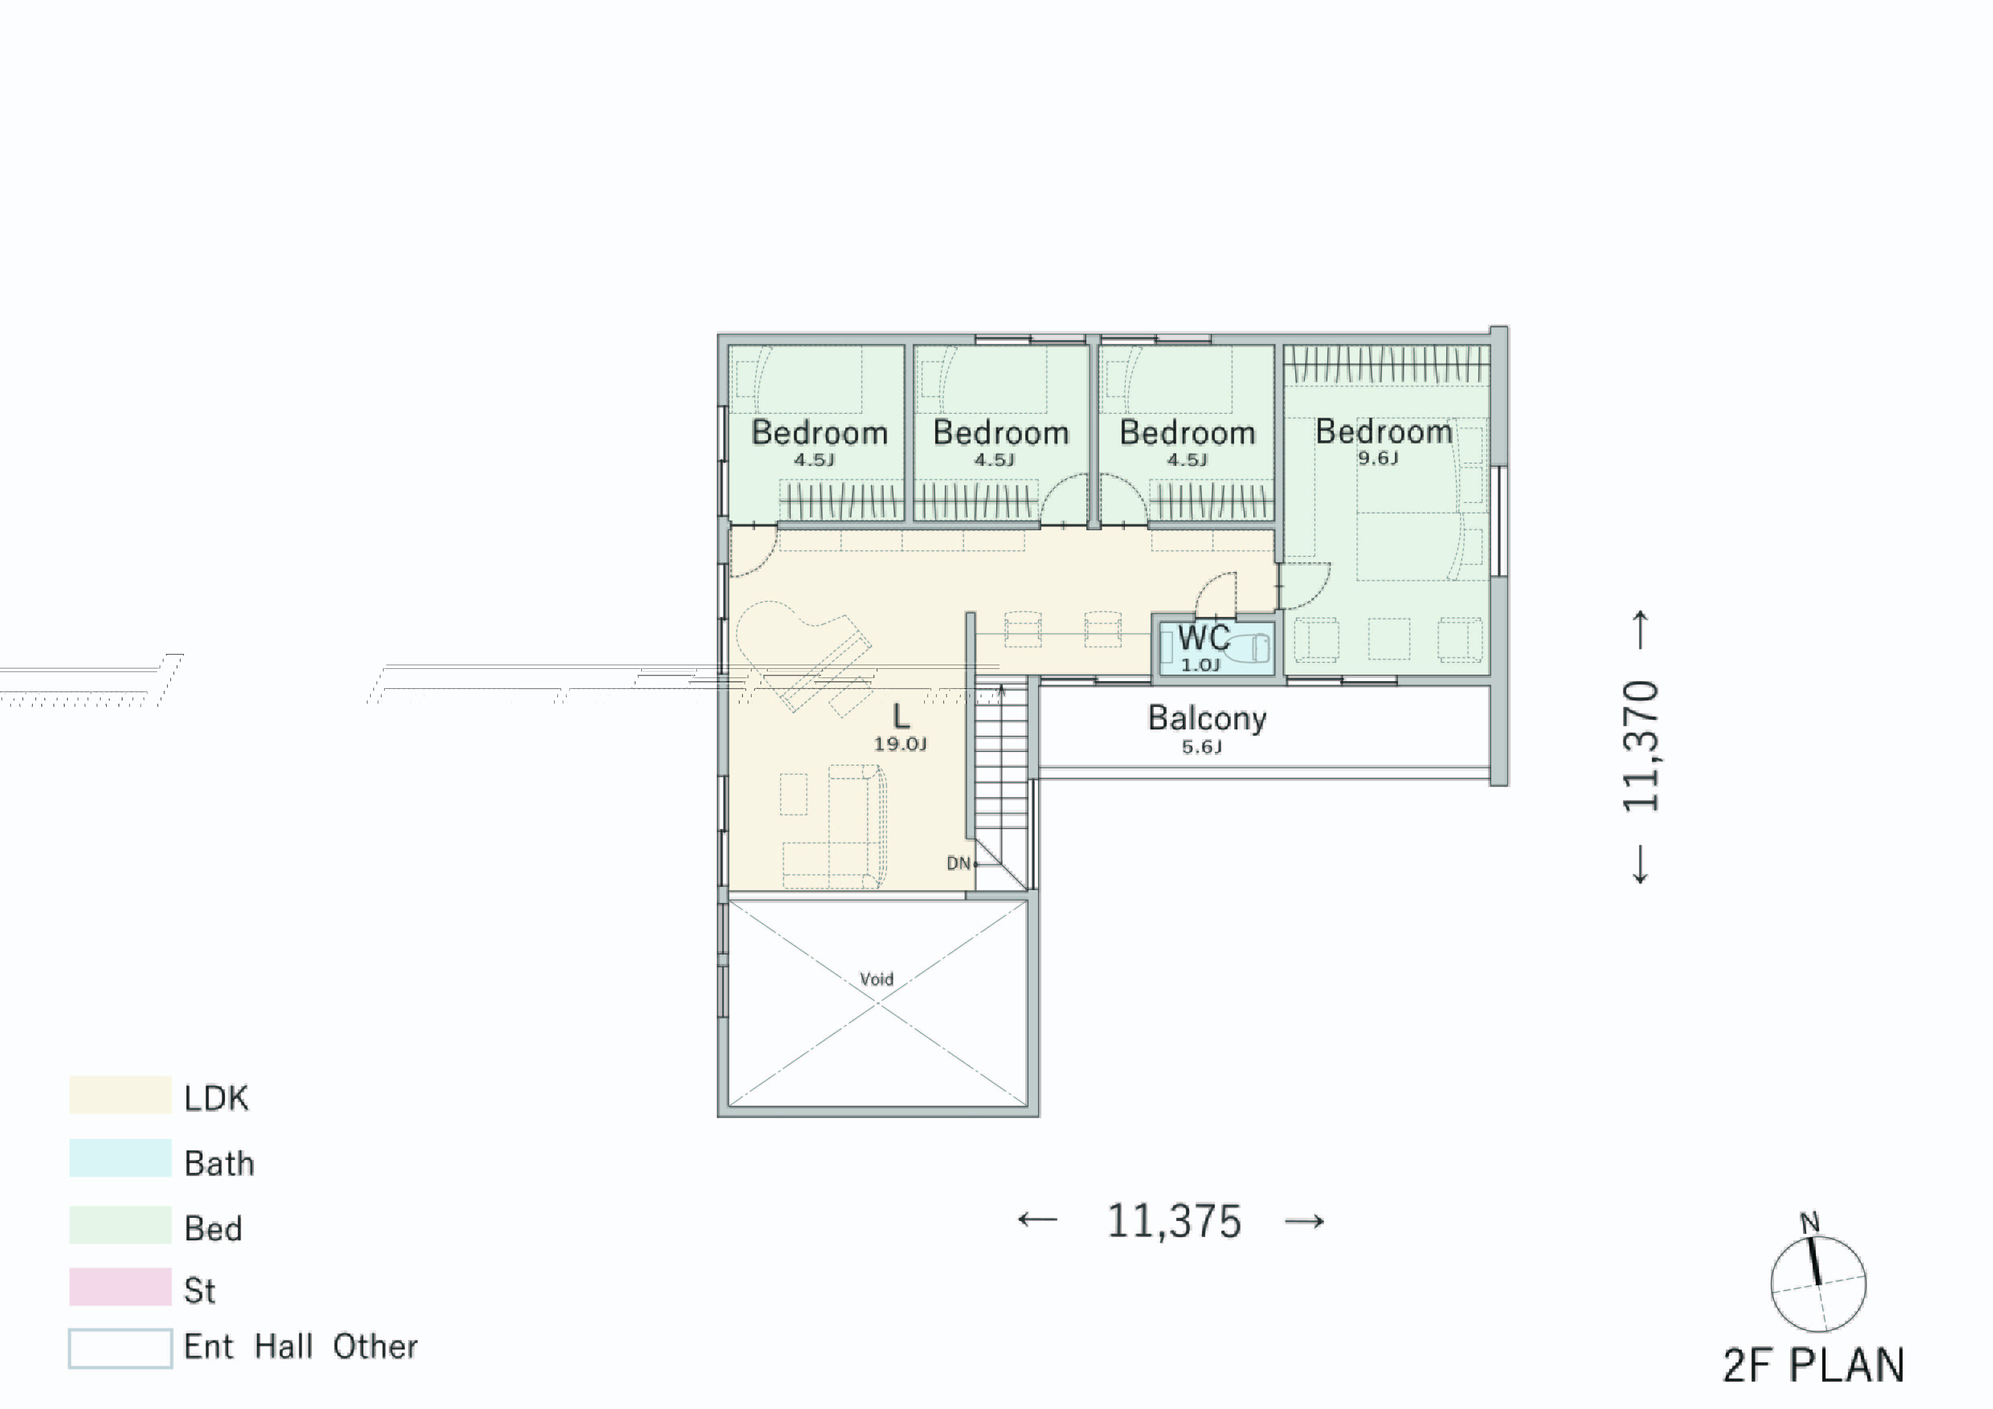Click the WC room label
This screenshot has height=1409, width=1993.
pyautogui.click(x=1203, y=638)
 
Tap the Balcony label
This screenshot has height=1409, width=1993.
pyautogui.click(x=1206, y=719)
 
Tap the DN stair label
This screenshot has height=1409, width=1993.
pyautogui.click(x=958, y=863)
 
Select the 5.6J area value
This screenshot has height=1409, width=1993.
pyautogui.click(x=1201, y=747)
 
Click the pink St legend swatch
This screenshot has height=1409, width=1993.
pyautogui.click(x=120, y=1286)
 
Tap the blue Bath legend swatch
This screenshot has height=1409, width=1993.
pyautogui.click(x=120, y=1158)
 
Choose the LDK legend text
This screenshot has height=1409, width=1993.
pyautogui.click(x=216, y=1099)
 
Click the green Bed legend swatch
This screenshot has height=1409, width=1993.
pyautogui.click(x=120, y=1224)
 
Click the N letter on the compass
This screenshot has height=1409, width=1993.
pyautogui.click(x=1809, y=1223)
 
